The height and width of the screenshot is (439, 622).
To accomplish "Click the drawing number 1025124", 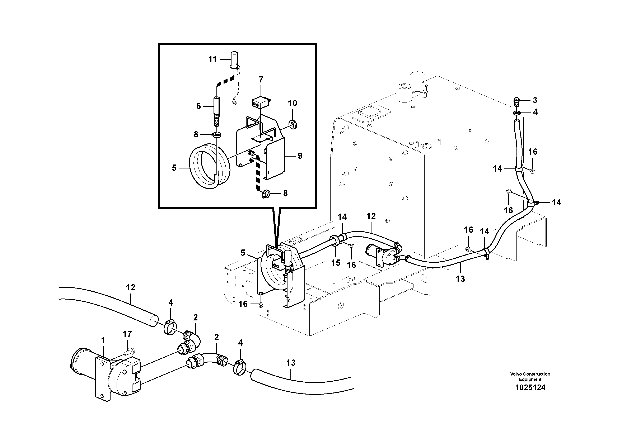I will pyautogui.click(x=530, y=388).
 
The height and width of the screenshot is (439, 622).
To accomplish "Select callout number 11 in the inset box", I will pyautogui.click(x=212, y=59).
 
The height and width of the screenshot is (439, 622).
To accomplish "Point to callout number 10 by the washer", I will pyautogui.click(x=292, y=103).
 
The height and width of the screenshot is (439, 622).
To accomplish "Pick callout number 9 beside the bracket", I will pyautogui.click(x=300, y=156).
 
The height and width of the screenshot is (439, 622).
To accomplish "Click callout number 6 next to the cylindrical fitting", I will pyautogui.click(x=198, y=106).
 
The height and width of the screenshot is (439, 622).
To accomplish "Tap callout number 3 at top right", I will pyautogui.click(x=535, y=100).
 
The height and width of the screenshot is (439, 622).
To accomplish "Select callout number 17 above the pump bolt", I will pyautogui.click(x=127, y=334).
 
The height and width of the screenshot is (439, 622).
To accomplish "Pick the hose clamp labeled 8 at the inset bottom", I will pyautogui.click(x=266, y=194).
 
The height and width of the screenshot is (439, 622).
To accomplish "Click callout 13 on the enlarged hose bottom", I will pyautogui.click(x=291, y=363).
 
